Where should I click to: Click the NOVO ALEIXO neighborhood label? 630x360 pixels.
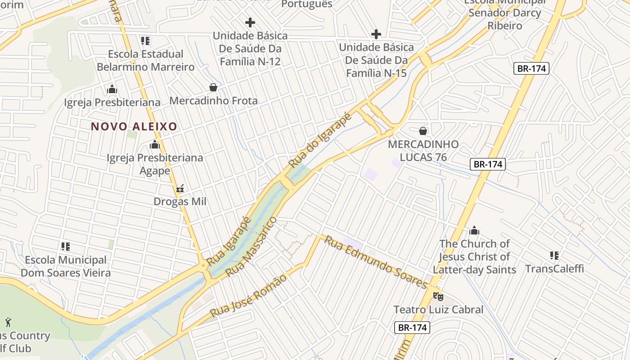coord(134,126)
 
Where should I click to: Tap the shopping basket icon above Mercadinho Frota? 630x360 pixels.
coord(213,87)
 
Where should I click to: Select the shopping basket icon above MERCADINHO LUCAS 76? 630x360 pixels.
coord(423,131)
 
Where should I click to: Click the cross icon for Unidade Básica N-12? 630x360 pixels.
coord(250,22)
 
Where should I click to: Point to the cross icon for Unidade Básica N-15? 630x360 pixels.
coord(376,34)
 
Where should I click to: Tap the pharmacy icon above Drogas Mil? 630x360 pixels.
coord(180,189)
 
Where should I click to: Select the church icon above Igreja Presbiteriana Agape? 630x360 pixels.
coord(155,145)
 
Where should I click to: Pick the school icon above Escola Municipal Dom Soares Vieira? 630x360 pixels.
coord(66,247)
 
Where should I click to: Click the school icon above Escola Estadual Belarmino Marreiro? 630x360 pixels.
coord(145,41)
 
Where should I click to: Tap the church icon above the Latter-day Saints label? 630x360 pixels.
coord(474,231)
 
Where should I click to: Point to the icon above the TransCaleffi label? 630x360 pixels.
coord(554,256)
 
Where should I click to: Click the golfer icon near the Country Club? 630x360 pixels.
coord(8,322)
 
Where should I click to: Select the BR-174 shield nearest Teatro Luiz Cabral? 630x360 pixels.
coord(412,327)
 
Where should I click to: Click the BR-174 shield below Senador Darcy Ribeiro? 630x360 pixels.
coord(531,68)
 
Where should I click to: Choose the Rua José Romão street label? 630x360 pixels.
coord(248,295)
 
